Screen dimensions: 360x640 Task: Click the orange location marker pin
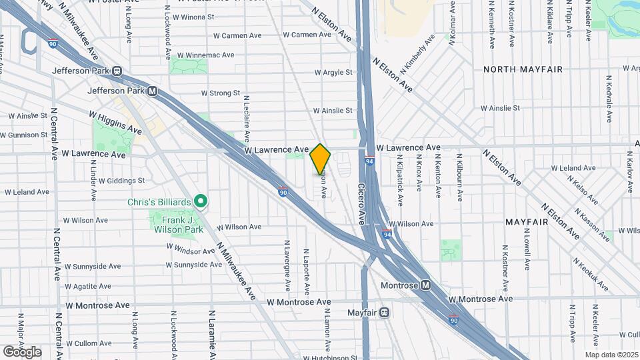[320, 159]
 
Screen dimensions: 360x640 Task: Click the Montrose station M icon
[425, 285]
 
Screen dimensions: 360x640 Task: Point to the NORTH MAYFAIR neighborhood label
[523, 69]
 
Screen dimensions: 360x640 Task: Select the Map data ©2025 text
[611, 354]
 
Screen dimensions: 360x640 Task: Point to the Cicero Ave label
[361, 204]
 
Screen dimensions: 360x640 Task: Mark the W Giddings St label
[121, 181]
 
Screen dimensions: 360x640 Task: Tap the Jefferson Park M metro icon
[153, 91]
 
